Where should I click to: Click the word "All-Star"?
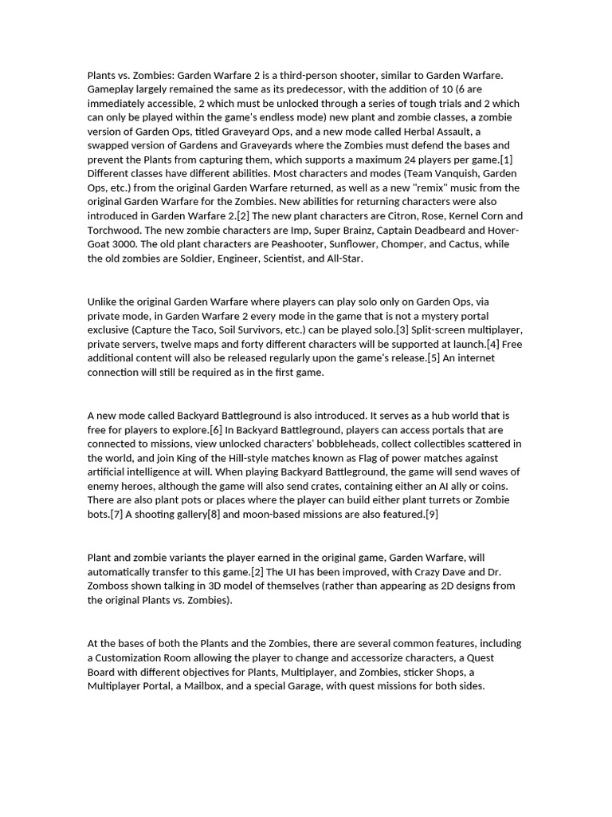point(343,259)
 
